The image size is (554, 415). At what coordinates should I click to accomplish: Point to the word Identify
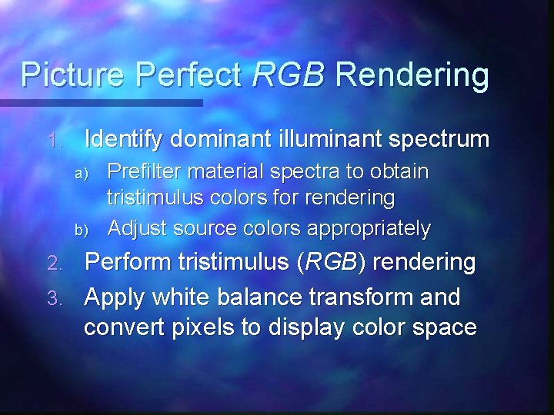click(x=125, y=139)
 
